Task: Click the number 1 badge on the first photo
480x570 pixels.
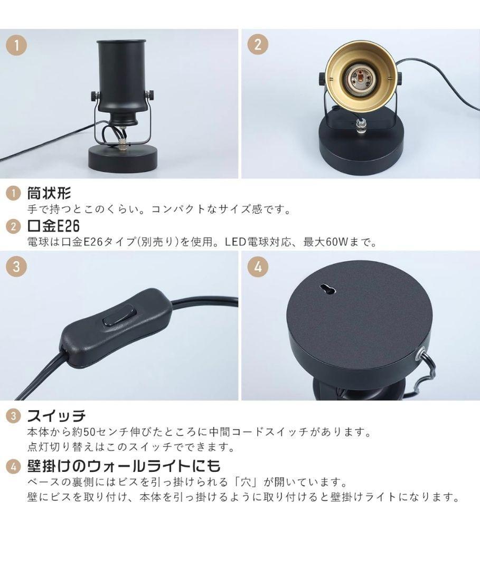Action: point(16,45)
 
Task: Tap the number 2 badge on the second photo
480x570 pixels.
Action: point(258,45)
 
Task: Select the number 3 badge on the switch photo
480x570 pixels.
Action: point(16,267)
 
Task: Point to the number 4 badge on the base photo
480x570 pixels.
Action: point(258,267)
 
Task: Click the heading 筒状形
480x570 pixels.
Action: point(49,193)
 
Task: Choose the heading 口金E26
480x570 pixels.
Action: point(53,226)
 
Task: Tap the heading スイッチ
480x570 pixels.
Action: point(57,415)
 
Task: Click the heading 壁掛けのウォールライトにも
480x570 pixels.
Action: point(124,465)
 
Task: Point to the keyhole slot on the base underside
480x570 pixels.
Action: point(327,289)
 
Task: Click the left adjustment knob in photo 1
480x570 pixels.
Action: point(94,97)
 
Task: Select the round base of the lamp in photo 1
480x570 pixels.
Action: point(123,159)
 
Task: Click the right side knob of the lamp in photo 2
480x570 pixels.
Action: point(400,78)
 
